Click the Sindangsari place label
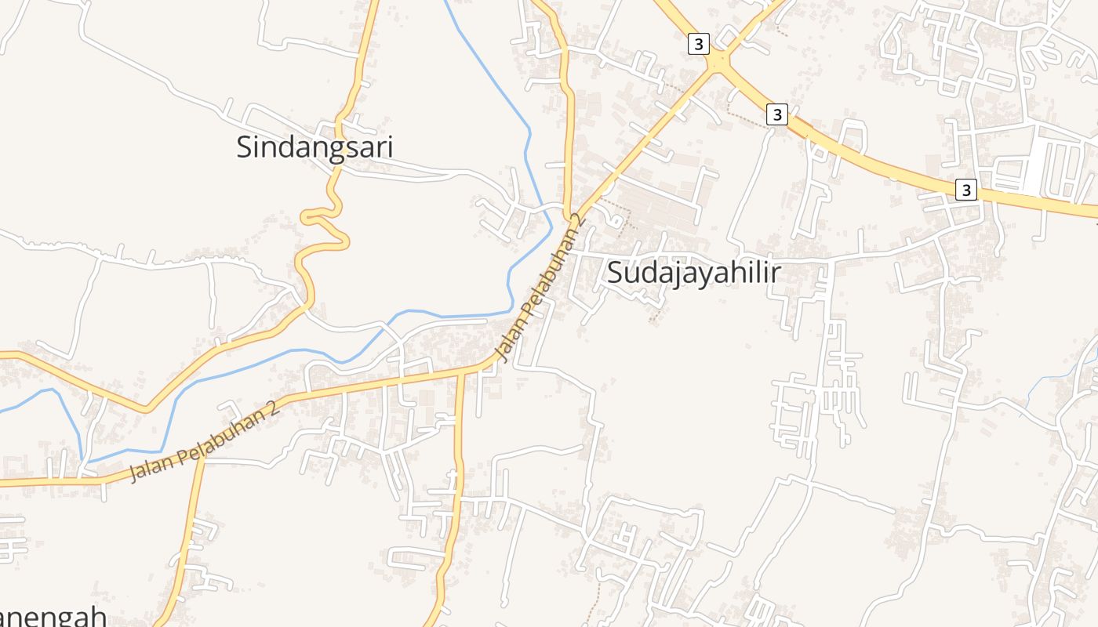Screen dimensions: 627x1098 (314, 147)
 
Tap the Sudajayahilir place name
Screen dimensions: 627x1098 (695, 273)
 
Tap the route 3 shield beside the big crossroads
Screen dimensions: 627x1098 (698, 44)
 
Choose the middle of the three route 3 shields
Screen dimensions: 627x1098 (776, 114)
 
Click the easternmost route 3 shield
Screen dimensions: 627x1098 (966, 190)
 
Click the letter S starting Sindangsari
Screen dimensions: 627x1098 (245, 147)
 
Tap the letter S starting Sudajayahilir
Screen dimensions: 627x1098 (616, 273)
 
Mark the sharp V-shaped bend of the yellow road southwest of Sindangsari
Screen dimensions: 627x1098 (145, 409)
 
